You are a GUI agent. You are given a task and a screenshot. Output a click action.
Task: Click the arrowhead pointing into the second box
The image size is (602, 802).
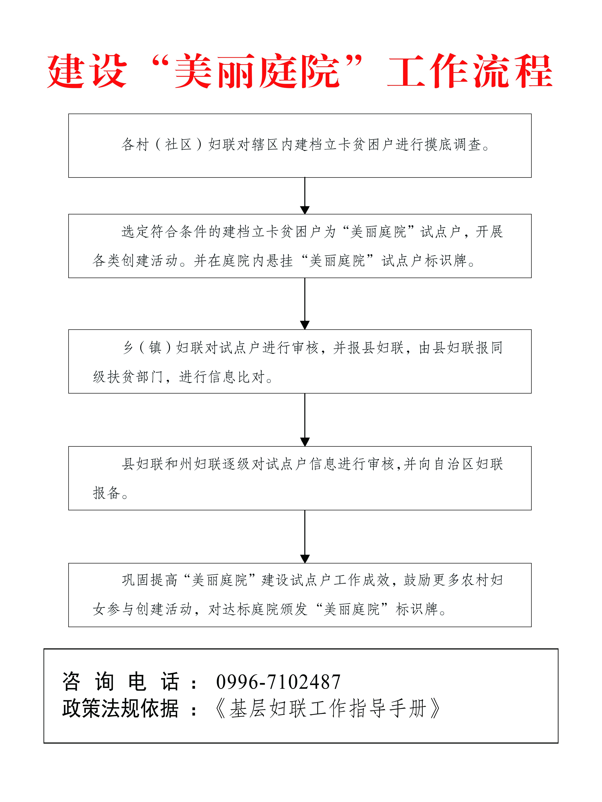[305, 210]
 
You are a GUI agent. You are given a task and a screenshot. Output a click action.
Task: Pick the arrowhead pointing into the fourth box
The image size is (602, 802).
[305, 442]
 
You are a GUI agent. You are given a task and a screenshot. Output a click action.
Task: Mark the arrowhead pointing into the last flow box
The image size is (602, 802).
[305, 559]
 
